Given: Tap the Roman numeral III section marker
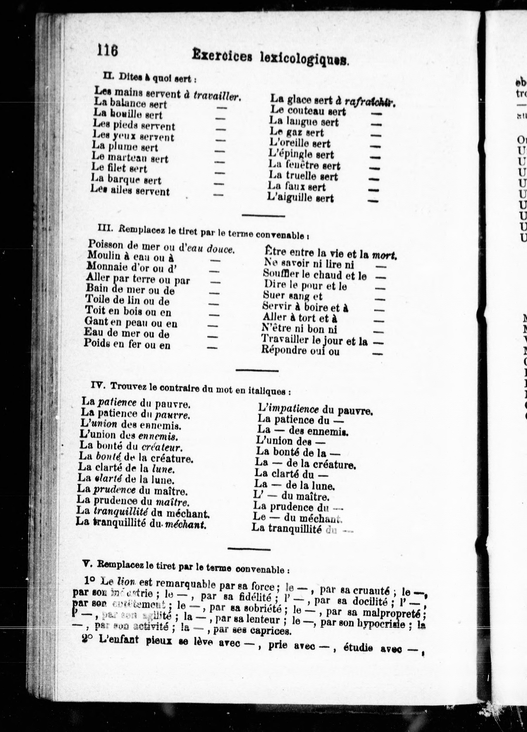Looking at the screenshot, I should point(106,228).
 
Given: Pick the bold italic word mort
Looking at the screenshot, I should point(384,256).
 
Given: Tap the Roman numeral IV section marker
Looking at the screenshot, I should point(97,385).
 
